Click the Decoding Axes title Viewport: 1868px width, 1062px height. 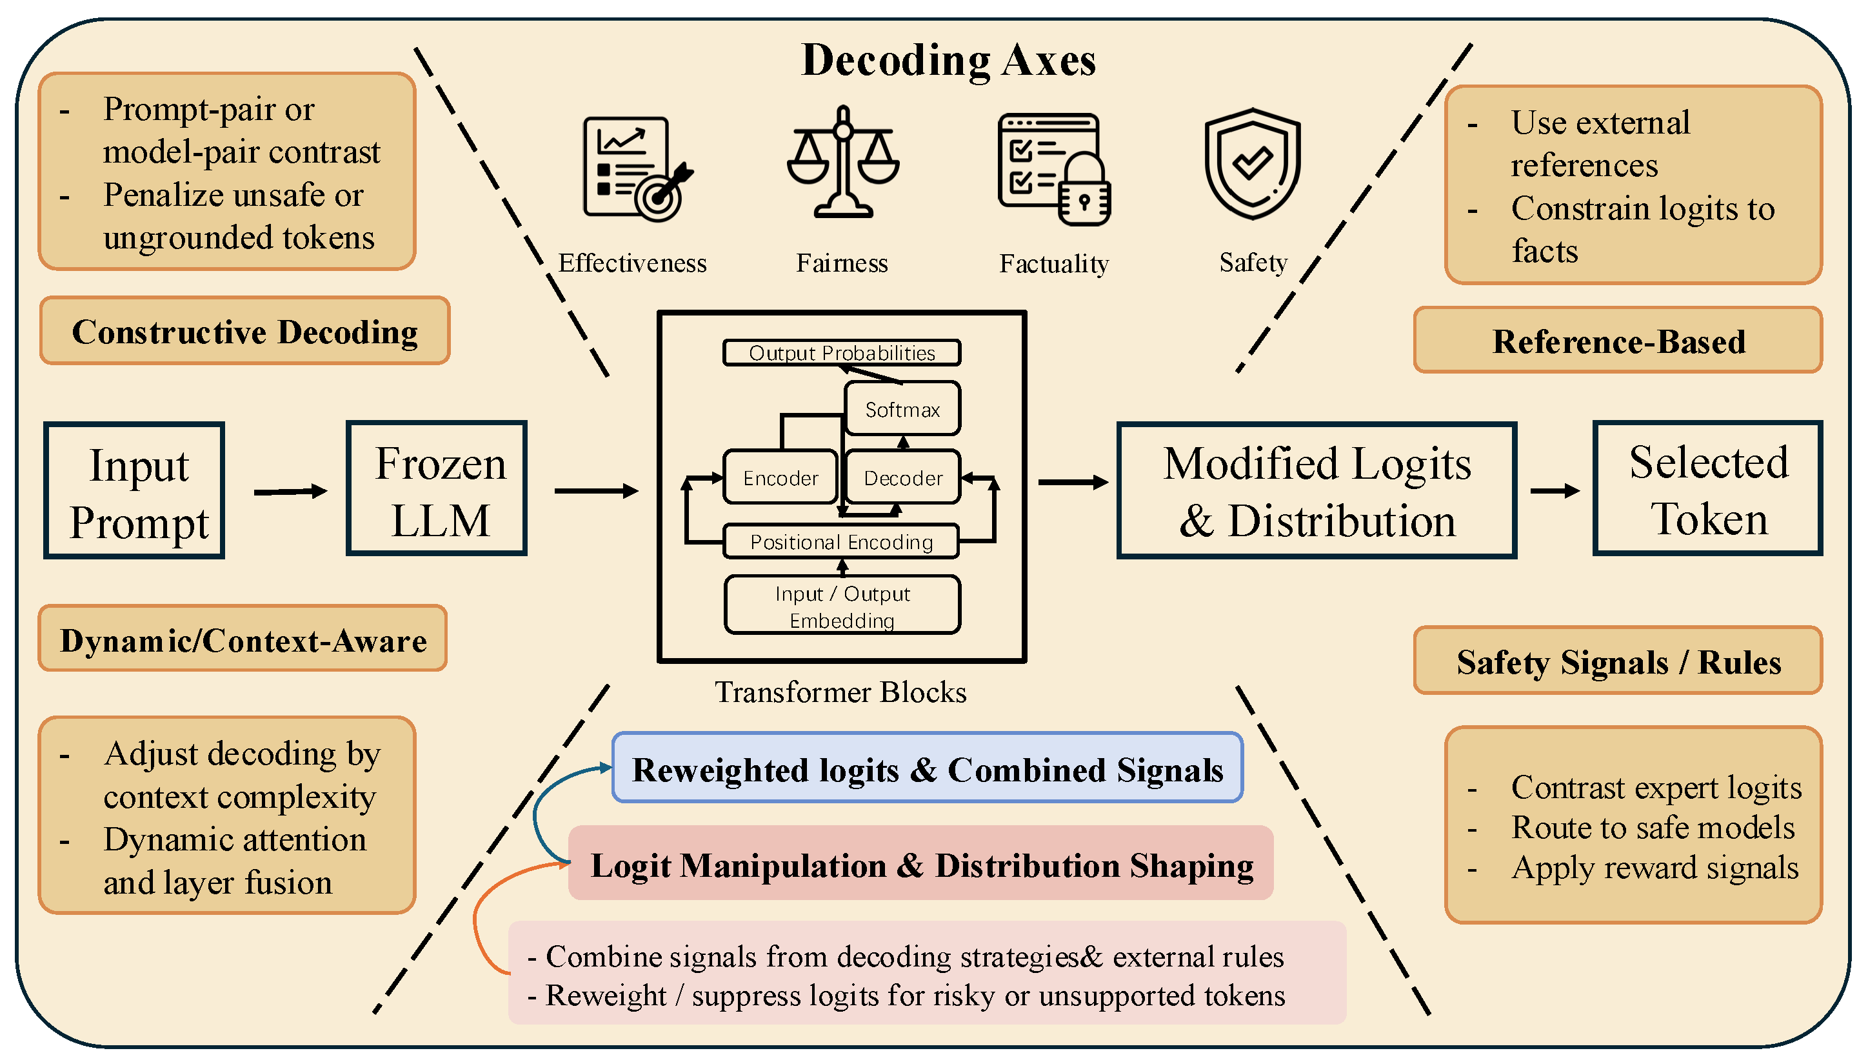click(948, 60)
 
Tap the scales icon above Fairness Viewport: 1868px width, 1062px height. click(843, 162)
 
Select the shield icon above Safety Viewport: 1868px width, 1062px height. click(1252, 163)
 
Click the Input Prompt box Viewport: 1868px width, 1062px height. click(134, 491)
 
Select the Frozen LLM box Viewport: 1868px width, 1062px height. click(437, 488)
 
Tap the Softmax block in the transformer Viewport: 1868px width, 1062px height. click(902, 409)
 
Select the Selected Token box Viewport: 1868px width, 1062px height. click(1707, 488)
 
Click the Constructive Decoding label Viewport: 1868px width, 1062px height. click(245, 331)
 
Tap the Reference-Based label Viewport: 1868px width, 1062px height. click(1618, 341)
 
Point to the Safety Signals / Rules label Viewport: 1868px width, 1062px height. click(1618, 661)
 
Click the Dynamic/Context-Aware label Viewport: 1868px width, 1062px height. click(243, 639)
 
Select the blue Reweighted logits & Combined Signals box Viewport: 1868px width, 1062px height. click(928, 768)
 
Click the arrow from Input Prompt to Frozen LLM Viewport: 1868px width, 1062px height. click(290, 492)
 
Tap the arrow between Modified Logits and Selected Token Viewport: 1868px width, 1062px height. click(1555, 491)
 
